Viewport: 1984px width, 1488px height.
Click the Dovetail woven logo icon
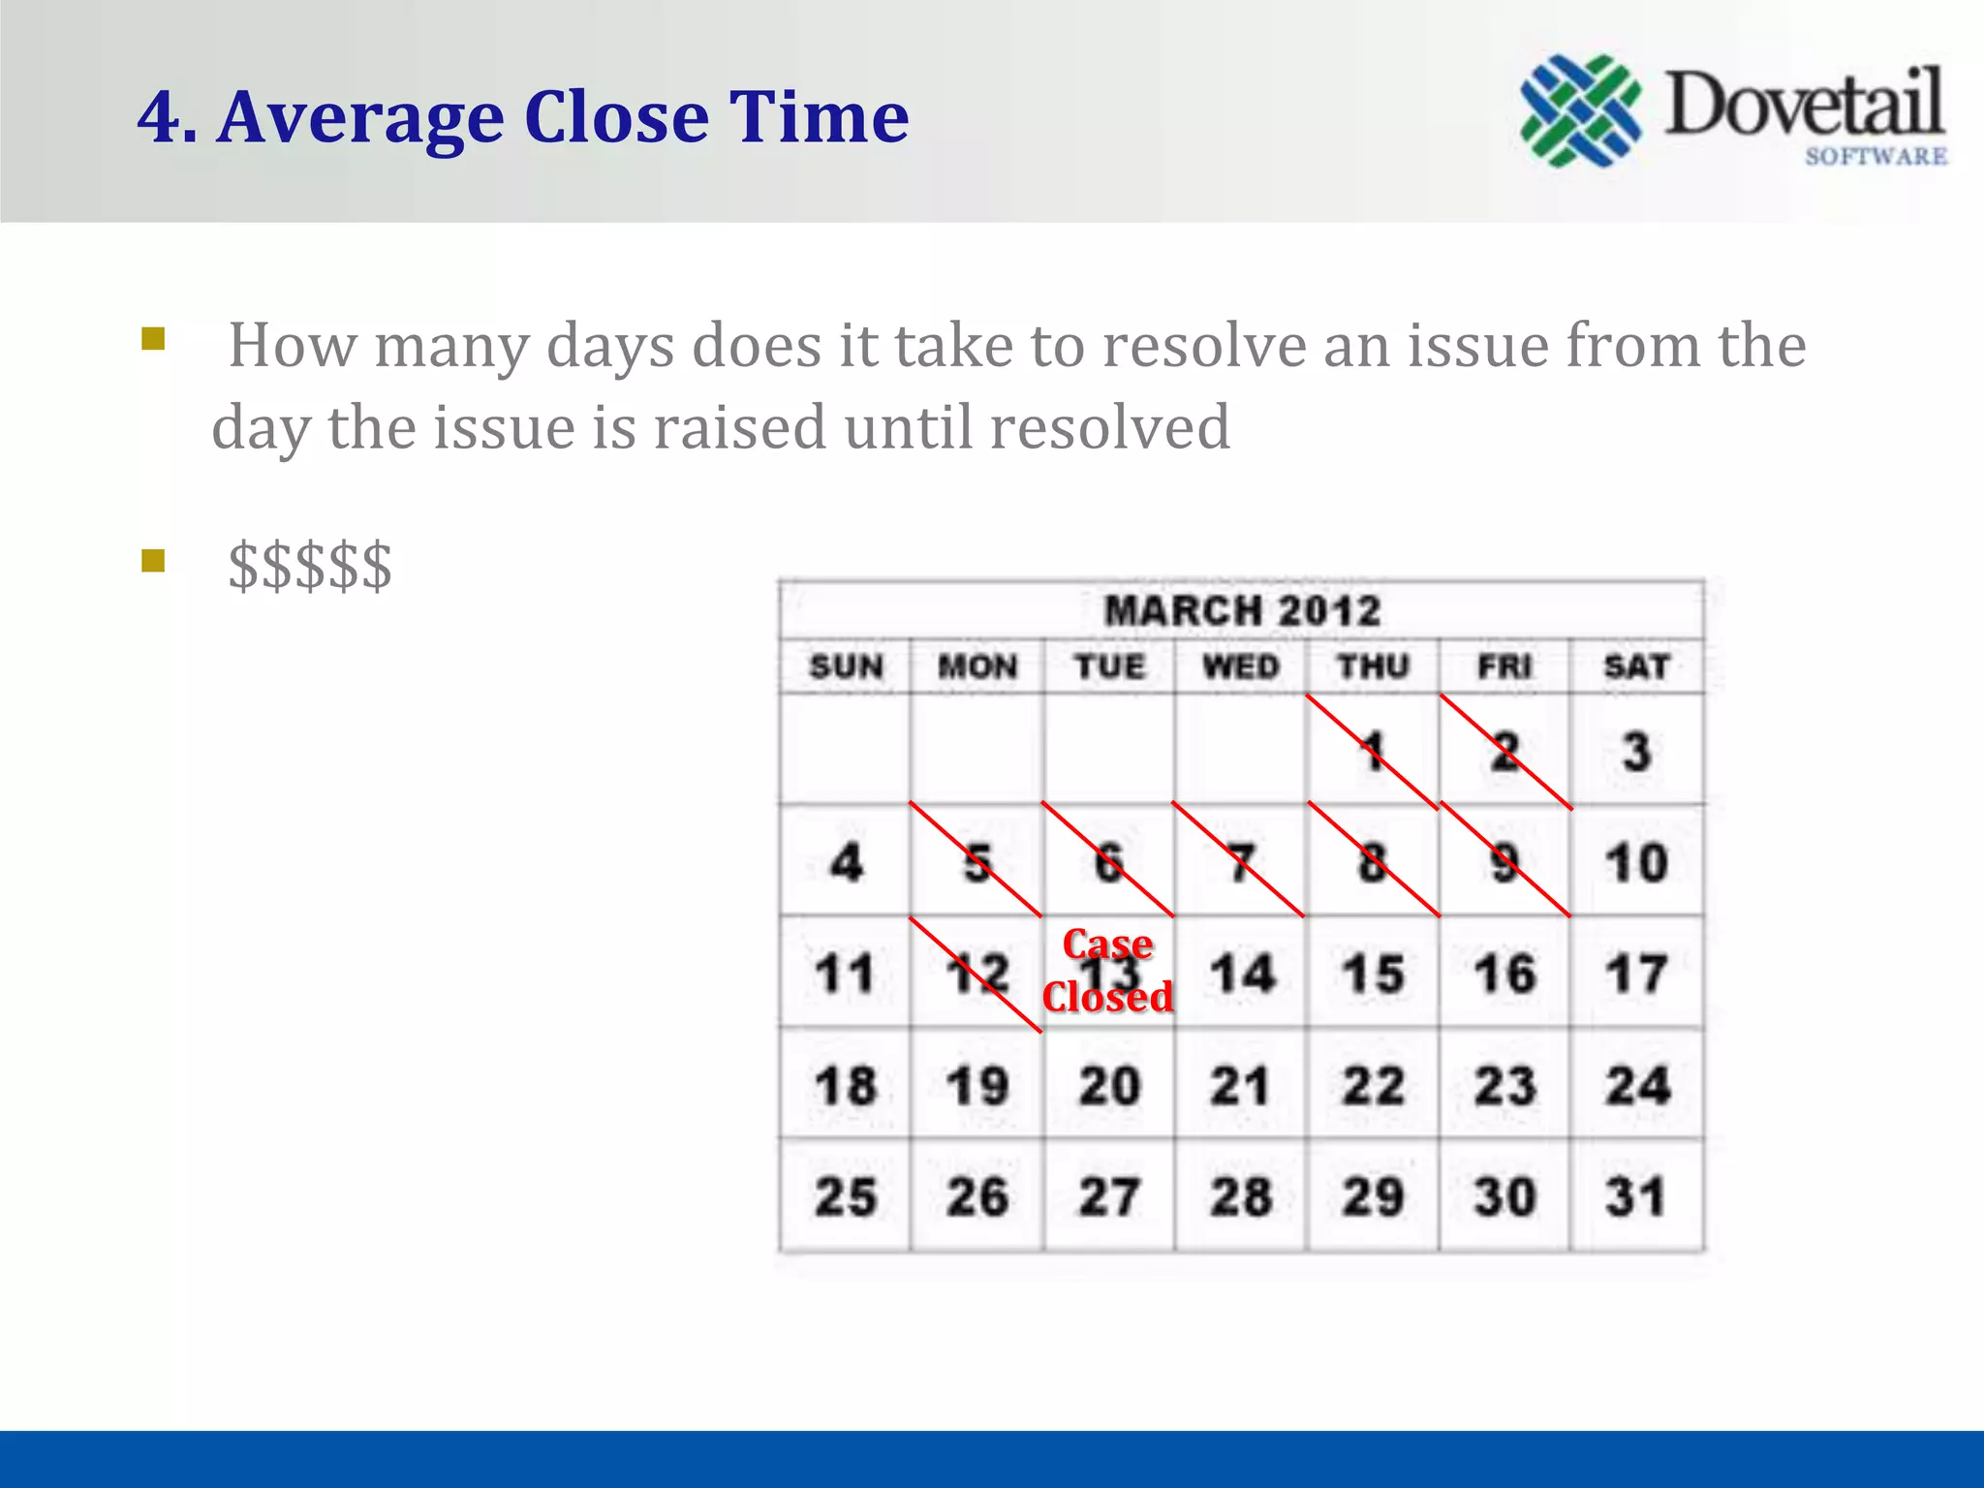pos(1580,110)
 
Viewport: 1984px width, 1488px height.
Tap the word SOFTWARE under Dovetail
pos(1875,156)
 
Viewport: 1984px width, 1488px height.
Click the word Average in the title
pos(360,117)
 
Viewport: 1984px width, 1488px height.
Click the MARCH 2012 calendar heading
pos(1242,611)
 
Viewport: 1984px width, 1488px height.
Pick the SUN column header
pos(846,666)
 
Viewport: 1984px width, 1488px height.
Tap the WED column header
pos(1241,666)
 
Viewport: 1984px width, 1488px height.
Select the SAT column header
pos(1636,666)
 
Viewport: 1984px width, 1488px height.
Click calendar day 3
pos(1636,752)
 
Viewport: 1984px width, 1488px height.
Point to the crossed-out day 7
pos(1241,862)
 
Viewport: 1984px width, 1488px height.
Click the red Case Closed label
pos(1107,971)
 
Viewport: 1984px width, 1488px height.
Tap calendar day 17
pos(1636,974)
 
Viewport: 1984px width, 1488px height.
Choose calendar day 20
pos(1109,1086)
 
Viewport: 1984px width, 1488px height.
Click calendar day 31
pos(1636,1196)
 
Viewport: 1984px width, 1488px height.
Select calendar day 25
pos(846,1196)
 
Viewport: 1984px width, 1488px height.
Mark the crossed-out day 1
pos(1372,752)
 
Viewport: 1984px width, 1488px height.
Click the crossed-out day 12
pos(977,974)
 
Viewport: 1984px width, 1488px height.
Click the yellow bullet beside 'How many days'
pos(153,339)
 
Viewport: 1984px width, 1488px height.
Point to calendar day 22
pos(1373,1086)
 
